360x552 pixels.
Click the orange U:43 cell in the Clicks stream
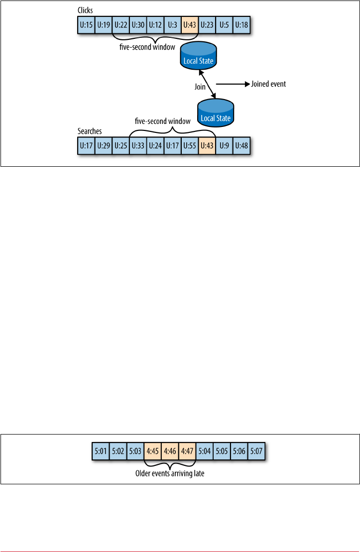point(190,24)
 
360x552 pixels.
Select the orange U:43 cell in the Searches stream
point(207,146)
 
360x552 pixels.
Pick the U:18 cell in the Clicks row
point(241,24)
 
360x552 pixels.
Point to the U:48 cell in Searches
point(241,146)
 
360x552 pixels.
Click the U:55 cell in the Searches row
point(190,146)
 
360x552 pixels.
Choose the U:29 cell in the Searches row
point(104,146)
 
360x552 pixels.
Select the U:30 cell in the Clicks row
point(138,24)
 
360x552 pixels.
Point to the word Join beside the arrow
point(200,86)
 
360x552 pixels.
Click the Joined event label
point(268,84)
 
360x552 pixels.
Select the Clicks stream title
point(85,10)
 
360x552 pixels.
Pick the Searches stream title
point(90,131)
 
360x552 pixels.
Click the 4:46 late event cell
point(170,453)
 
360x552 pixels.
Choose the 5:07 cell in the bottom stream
point(256,453)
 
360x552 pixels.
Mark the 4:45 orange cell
point(152,453)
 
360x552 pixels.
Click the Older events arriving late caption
point(170,473)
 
